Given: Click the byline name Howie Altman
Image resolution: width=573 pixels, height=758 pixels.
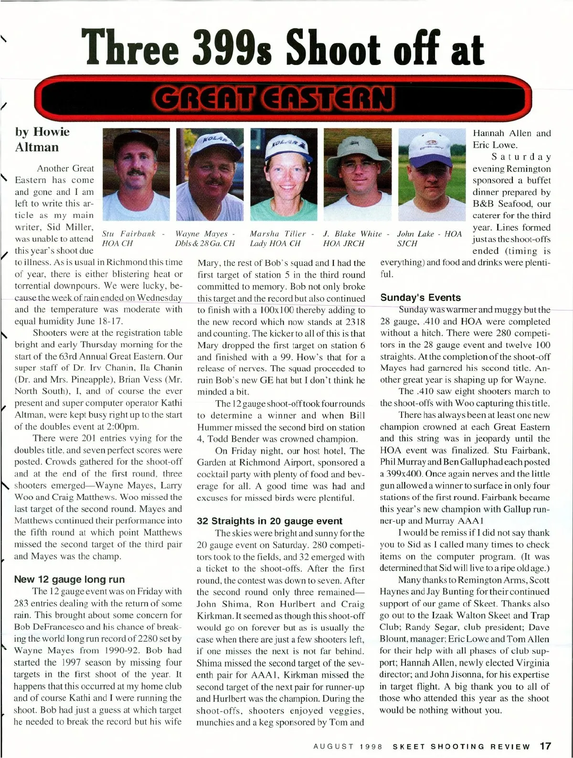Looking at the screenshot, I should (42, 139).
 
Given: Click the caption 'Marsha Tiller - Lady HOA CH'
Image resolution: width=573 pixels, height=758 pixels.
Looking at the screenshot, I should (282, 238).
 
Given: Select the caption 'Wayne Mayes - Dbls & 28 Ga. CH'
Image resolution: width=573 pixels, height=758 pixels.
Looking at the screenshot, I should (205, 238).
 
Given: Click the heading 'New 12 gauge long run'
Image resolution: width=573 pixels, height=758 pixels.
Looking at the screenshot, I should (69, 579).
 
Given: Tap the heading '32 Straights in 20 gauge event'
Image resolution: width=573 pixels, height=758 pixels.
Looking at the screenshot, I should (269, 521).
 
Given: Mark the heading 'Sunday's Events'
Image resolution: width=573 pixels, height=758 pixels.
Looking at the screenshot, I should (420, 297).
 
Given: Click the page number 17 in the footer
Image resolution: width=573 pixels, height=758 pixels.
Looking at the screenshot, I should (545, 746).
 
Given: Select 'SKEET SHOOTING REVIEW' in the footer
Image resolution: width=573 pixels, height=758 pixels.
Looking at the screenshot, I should (461, 747).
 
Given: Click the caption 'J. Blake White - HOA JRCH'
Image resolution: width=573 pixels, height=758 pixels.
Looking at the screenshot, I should (356, 238).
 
